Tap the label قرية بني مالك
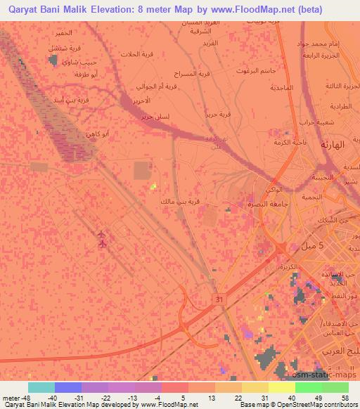[x=180, y=202]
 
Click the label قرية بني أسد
[x=72, y=100]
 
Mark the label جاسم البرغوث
[x=250, y=71]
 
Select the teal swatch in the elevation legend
[x=41, y=387]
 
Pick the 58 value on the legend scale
[x=345, y=398]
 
